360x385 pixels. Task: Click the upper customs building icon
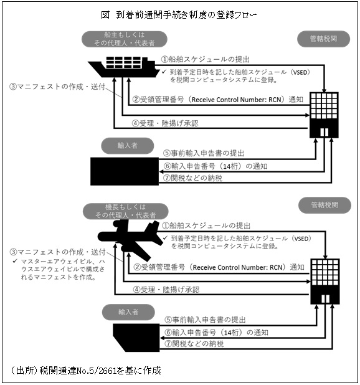324,115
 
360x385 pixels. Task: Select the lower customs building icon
325,282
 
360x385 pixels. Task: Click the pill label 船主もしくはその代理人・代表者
125,39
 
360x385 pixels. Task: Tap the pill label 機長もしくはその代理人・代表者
125,211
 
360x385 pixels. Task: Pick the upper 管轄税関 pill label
323,39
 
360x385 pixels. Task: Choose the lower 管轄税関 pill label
324,205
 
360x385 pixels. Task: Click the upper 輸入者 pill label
127,146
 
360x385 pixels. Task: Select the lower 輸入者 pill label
128,312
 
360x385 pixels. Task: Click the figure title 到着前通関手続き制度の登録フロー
186,15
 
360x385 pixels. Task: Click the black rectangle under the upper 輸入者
125,171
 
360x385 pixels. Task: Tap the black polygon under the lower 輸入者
136,338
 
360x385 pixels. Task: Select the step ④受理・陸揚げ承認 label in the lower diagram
166,290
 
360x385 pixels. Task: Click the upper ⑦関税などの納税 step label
193,178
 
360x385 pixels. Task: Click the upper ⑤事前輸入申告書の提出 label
204,153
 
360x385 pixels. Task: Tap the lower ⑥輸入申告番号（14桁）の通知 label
217,333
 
